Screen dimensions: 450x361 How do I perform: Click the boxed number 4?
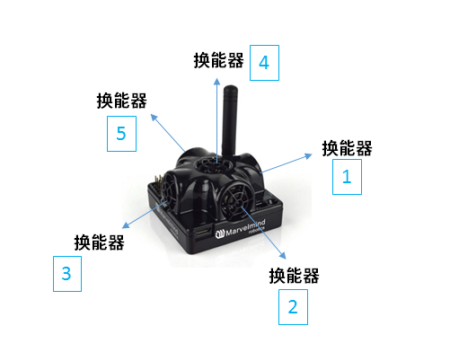264,63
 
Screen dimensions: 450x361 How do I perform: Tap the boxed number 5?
121,134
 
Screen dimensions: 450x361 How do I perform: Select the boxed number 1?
347,177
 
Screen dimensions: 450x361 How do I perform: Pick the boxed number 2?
293,307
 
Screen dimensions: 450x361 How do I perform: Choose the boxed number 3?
66,274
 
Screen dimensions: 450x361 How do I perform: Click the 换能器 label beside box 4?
218,60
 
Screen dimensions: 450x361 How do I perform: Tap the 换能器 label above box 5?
121,101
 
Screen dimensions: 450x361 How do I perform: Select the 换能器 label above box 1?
347,148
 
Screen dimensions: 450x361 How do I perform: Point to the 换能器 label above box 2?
294,276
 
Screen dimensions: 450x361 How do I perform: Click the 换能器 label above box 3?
99,242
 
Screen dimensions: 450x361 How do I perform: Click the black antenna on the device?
230,119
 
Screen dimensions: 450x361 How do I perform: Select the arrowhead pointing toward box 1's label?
308,156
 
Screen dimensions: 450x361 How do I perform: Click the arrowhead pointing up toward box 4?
217,82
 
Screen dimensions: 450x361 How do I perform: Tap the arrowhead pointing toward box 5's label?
154,117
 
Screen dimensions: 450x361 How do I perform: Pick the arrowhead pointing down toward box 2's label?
283,255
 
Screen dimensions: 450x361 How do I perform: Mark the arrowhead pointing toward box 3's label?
126,225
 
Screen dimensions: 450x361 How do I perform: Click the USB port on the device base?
204,232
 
